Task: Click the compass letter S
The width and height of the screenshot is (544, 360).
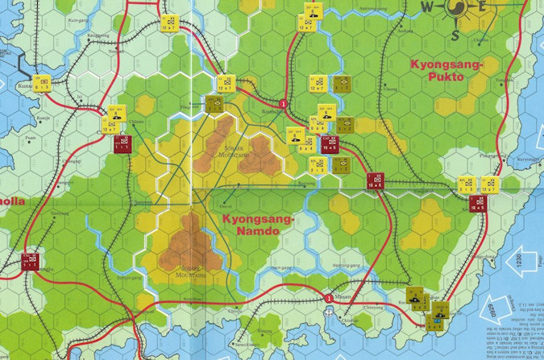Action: (455, 34)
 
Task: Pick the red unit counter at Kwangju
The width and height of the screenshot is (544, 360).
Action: (31, 260)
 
